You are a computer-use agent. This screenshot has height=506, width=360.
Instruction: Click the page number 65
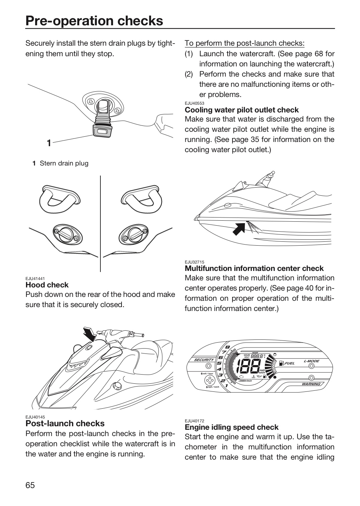click(30, 485)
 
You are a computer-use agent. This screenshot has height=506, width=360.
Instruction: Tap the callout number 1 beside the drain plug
click(49, 143)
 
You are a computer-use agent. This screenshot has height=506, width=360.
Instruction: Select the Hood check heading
click(47, 285)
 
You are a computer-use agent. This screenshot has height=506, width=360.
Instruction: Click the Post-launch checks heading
click(65, 423)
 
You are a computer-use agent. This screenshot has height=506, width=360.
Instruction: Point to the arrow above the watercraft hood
click(90, 334)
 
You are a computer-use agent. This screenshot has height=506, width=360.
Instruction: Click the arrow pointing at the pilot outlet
click(239, 229)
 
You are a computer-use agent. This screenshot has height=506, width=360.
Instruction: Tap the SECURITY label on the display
click(204, 359)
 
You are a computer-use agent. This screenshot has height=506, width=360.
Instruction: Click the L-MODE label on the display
click(312, 361)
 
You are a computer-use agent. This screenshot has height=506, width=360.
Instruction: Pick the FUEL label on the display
click(290, 363)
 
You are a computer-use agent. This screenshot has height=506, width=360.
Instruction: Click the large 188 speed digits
click(248, 365)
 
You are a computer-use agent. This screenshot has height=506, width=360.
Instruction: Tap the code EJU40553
click(195, 103)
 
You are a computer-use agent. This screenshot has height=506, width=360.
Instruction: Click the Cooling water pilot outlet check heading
click(242, 110)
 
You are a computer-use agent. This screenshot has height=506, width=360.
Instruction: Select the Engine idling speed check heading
click(231, 427)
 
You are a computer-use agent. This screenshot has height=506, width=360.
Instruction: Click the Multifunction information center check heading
click(254, 268)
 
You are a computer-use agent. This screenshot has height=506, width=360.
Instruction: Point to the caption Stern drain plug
click(64, 163)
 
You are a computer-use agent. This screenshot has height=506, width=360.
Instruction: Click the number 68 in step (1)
click(319, 54)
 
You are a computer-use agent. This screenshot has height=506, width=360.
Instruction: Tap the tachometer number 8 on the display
click(228, 348)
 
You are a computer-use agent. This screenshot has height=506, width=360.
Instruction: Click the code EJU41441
click(35, 279)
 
